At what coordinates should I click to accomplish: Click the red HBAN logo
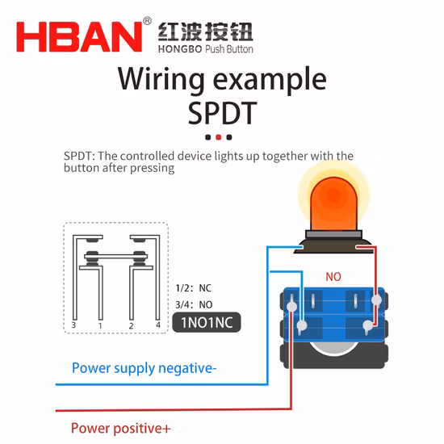coord(79,37)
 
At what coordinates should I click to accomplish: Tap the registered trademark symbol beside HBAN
coord(147,21)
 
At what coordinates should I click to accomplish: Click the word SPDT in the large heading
coord(222,113)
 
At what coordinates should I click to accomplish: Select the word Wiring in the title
coord(161,79)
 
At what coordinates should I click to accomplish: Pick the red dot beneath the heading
coord(218,137)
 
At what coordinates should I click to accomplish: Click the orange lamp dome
coord(333,204)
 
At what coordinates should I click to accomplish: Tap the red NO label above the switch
coord(333,277)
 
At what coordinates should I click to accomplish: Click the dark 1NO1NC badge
coord(207,322)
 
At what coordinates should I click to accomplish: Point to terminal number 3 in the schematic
coord(73,325)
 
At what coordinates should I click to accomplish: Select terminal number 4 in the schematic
coord(158,325)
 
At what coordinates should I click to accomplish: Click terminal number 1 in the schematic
coord(100,326)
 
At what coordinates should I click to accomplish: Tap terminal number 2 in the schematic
coord(131,326)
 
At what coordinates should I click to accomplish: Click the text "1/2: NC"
coord(194,288)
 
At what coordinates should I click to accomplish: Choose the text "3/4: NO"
coord(194,304)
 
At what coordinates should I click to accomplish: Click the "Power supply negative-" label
coord(145,368)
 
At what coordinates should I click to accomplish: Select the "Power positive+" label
coord(121,429)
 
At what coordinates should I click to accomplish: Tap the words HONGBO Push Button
coord(206,49)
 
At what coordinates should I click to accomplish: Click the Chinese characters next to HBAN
coord(205,31)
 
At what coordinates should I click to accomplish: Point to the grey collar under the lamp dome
coord(333,234)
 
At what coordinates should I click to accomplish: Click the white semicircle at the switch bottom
coord(333,348)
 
